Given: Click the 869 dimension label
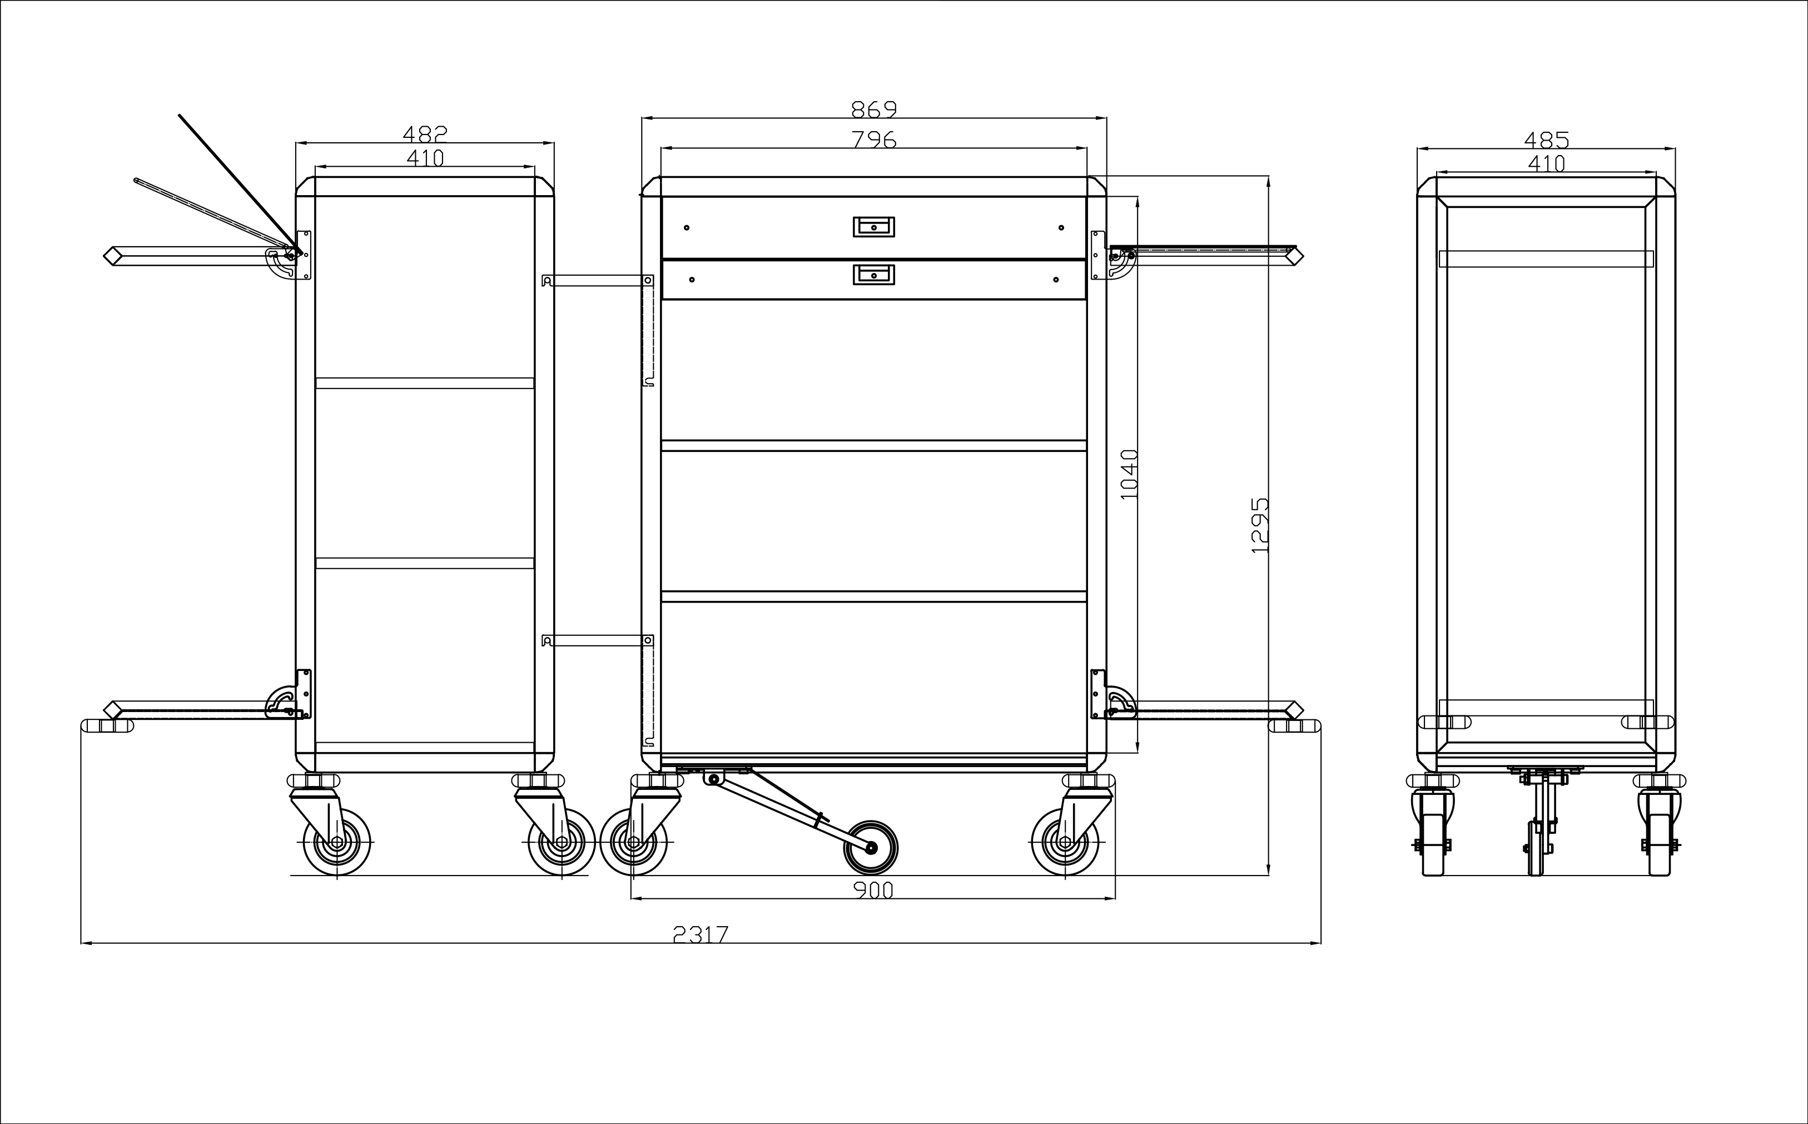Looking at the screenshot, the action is (875, 110).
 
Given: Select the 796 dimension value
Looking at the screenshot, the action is (875, 140).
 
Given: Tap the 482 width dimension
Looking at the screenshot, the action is (425, 134).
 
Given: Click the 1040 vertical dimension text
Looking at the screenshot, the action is (1129, 474).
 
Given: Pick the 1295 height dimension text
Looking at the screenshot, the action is (1260, 525).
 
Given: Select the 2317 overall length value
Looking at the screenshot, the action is (701, 934).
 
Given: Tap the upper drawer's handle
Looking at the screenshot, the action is (873, 227).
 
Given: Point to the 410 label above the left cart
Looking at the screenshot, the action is (425, 158).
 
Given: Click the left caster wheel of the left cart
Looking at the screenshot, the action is (337, 842).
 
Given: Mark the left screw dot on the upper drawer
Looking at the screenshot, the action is (687, 227).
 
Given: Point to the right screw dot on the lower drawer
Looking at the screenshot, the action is (1056, 280).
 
